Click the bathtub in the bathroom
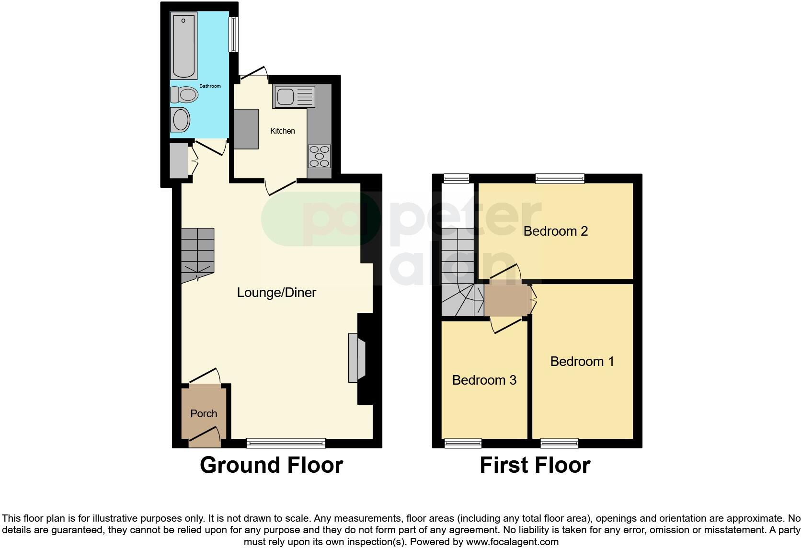(184, 46)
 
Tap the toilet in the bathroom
(184, 95)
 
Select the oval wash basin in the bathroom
(181, 119)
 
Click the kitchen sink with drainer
(294, 97)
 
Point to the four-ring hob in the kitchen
(319, 156)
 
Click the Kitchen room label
(282, 131)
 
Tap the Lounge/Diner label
(276, 292)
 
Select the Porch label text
(204, 413)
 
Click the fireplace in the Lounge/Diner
(356, 358)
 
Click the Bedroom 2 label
(555, 231)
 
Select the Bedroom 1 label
(582, 361)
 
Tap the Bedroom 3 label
(484, 380)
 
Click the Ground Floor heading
(271, 465)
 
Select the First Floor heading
(535, 465)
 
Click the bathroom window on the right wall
(233, 34)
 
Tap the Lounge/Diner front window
(286, 444)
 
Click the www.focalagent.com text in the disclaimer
(512, 542)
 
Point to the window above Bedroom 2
(560, 179)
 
